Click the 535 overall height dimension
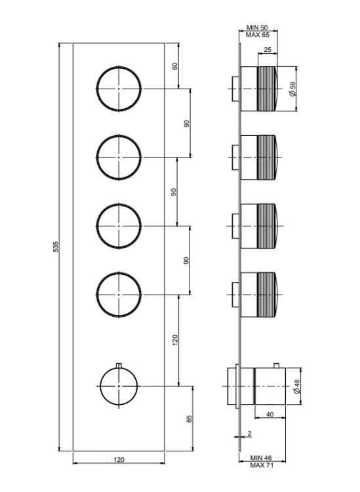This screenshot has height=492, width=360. coord(56,247)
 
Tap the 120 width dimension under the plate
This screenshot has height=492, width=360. coord(119,460)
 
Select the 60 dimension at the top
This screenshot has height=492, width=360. coord(175,66)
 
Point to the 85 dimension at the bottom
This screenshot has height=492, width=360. coord(189,419)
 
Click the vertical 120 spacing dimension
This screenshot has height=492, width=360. coord(175,340)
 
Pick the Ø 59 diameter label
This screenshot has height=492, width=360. coord(292,89)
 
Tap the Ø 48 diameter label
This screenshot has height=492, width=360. coord(296,386)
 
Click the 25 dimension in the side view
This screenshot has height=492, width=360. coord(268,50)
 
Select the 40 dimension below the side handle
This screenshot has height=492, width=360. coord(270,414)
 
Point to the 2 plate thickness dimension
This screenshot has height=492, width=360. coord(250,434)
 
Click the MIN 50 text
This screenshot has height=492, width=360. coord(257,28)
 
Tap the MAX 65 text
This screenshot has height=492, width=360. coord(258,35)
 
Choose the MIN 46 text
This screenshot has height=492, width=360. coord(261,458)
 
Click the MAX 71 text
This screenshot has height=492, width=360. coord(262,465)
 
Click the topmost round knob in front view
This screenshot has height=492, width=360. coord(119,89)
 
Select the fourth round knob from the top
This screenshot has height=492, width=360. coord(119,295)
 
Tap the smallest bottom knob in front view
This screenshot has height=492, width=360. coord(119,386)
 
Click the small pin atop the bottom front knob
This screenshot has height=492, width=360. coord(119,365)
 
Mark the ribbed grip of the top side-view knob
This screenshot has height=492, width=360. coord(266,89)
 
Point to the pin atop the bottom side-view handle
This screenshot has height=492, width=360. coord(276,365)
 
